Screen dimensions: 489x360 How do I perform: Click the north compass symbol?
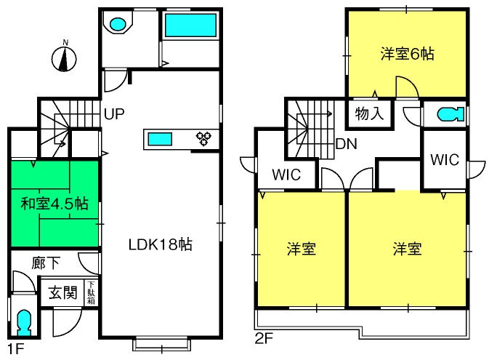[64, 57]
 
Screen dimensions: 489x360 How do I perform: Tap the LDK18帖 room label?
[161, 244]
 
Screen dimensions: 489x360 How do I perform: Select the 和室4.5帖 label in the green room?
[54, 204]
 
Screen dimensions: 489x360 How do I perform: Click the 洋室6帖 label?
[407, 54]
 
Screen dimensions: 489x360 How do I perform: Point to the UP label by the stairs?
[114, 114]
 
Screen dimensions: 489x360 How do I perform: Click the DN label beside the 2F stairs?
[346, 144]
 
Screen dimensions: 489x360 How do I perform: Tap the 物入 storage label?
[369, 113]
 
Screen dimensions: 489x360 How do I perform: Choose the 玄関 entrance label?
[62, 292]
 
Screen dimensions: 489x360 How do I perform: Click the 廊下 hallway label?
[46, 263]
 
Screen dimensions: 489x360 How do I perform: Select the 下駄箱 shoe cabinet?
[91, 292]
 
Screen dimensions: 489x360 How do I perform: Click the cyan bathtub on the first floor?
[190, 25]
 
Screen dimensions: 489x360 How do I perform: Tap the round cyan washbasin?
[118, 24]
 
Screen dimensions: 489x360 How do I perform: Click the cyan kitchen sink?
[160, 139]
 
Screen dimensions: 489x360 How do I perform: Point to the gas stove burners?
[203, 139]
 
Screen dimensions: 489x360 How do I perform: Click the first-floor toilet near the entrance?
[24, 322]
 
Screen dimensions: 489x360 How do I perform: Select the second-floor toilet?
[450, 114]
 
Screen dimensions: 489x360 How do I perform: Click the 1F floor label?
[16, 349]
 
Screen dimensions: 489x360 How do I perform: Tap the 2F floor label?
[264, 338]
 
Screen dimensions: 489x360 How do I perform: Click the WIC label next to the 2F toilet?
[445, 160]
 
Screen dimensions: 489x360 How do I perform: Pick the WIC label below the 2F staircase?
[286, 175]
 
